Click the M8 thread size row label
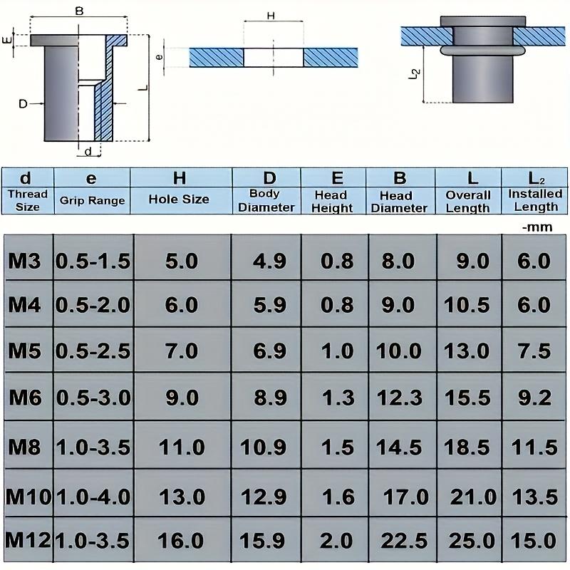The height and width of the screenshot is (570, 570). click(x=25, y=447)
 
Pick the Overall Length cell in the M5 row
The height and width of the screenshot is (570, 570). click(x=467, y=351)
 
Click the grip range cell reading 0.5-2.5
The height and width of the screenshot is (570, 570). click(x=93, y=351)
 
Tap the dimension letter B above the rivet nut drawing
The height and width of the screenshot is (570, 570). click(x=79, y=11)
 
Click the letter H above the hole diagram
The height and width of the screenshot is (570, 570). click(x=270, y=15)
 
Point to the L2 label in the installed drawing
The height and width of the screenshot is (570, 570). click(x=417, y=73)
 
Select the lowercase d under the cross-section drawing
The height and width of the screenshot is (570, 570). click(x=88, y=152)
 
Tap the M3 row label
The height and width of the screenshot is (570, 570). click(x=25, y=261)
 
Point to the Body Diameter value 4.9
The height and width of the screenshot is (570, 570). click(x=270, y=261)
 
